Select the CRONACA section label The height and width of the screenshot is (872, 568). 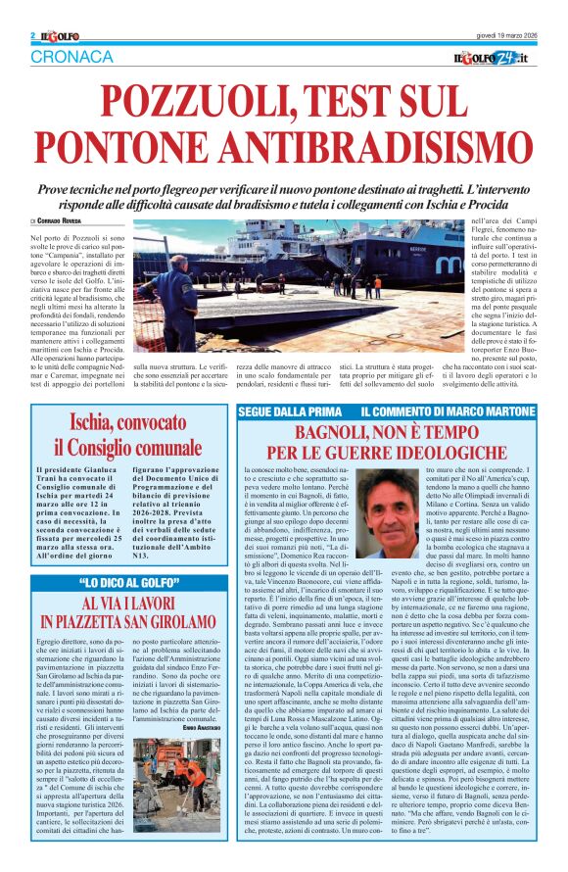coord(72,58)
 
